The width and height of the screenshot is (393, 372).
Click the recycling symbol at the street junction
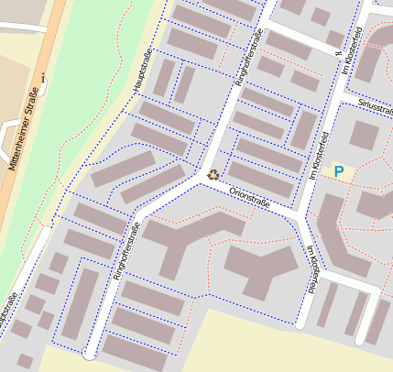click(213, 174)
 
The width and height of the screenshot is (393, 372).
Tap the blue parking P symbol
click(339, 171)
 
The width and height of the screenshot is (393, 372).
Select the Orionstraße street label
click(251, 195)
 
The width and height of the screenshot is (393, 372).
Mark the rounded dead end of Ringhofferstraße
click(91, 352)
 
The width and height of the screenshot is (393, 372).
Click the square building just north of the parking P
click(363, 135)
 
